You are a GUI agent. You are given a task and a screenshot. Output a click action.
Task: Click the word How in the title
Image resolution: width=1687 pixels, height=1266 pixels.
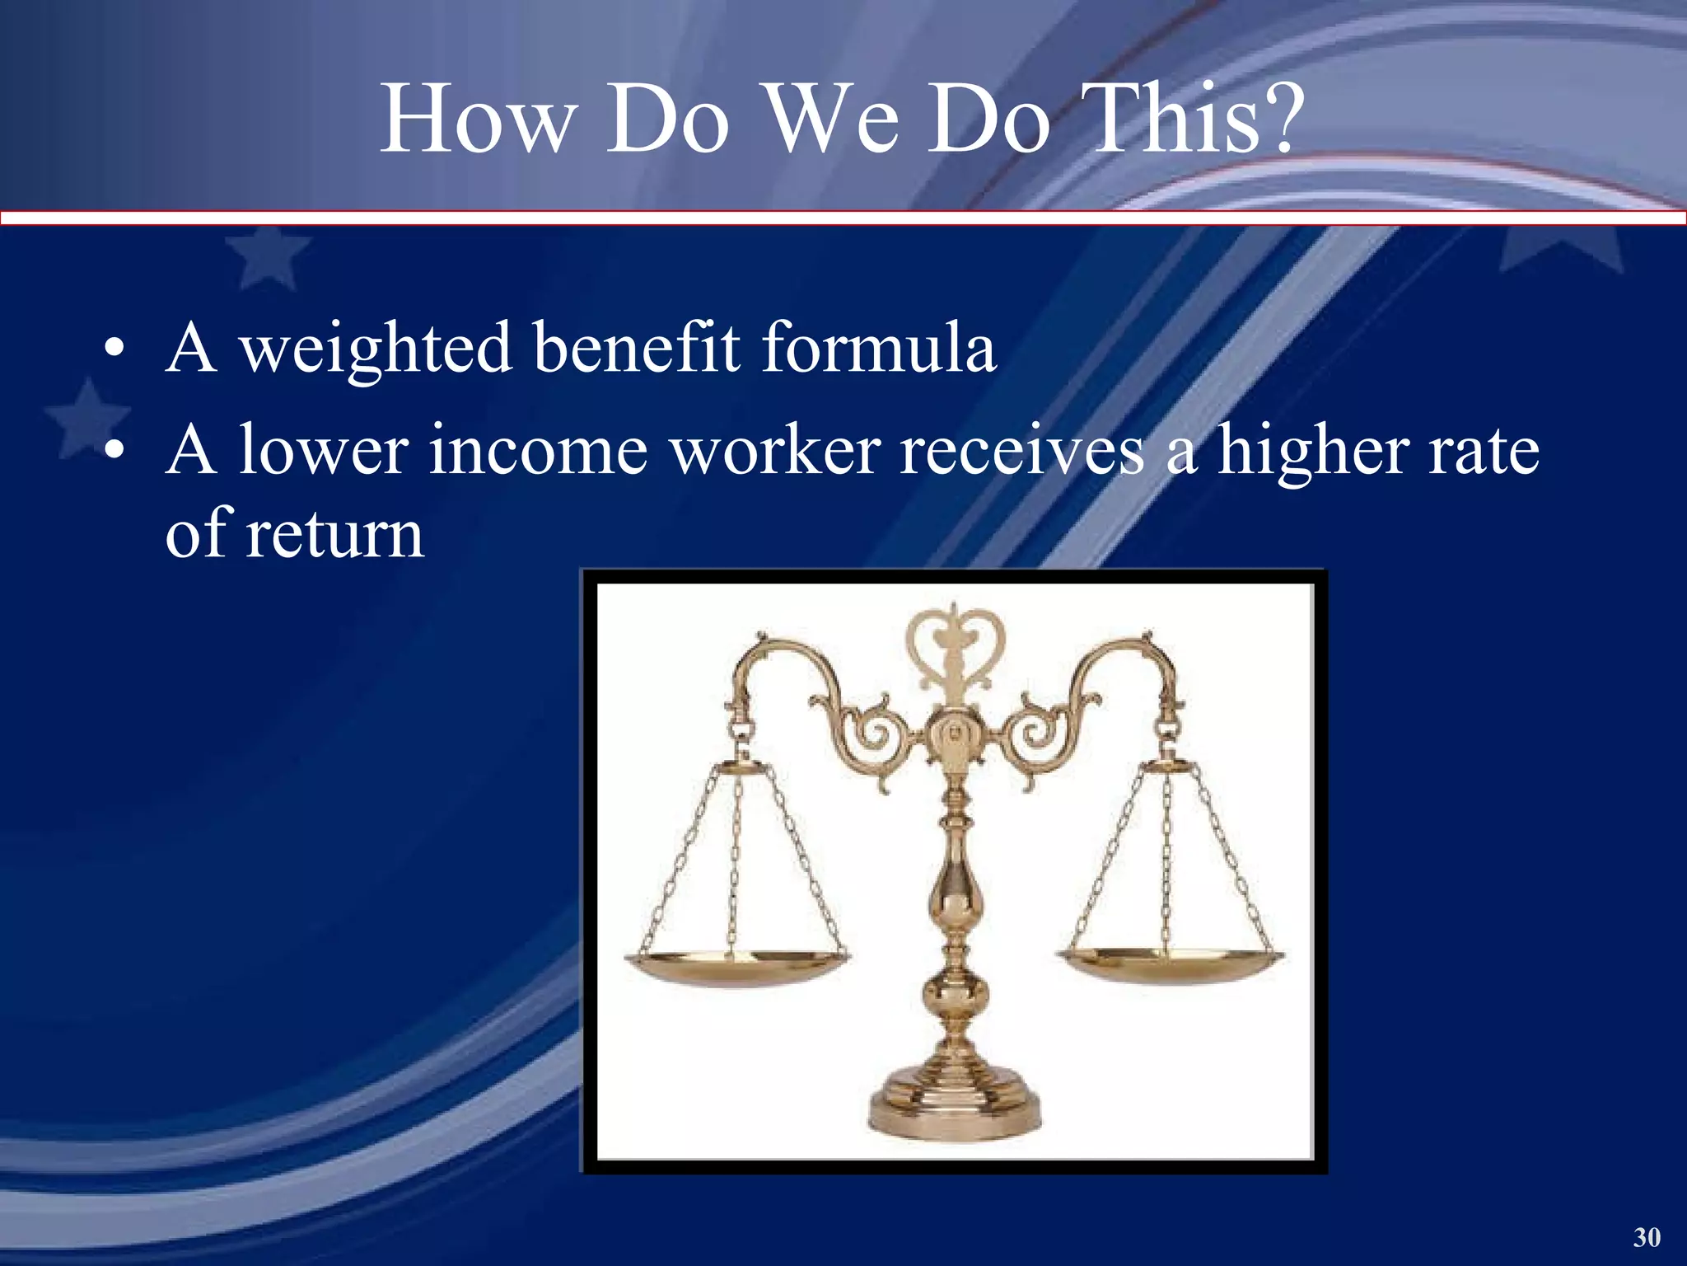pyautogui.click(x=475, y=120)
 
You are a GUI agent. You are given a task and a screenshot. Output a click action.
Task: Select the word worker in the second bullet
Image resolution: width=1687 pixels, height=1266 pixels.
pyautogui.click(x=775, y=452)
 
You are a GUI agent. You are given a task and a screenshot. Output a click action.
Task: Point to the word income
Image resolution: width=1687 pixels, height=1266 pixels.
pyautogui.click(x=539, y=452)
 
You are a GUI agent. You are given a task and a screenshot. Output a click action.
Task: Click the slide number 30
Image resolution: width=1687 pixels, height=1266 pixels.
pyautogui.click(x=1647, y=1237)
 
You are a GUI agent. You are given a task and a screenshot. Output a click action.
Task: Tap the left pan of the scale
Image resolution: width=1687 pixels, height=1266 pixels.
pyautogui.click(x=736, y=964)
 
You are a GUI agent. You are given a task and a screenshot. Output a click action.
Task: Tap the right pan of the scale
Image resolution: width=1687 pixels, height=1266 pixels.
pyautogui.click(x=1169, y=964)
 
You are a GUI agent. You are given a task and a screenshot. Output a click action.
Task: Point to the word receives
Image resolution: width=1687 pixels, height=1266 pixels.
pyautogui.click(x=1021, y=452)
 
